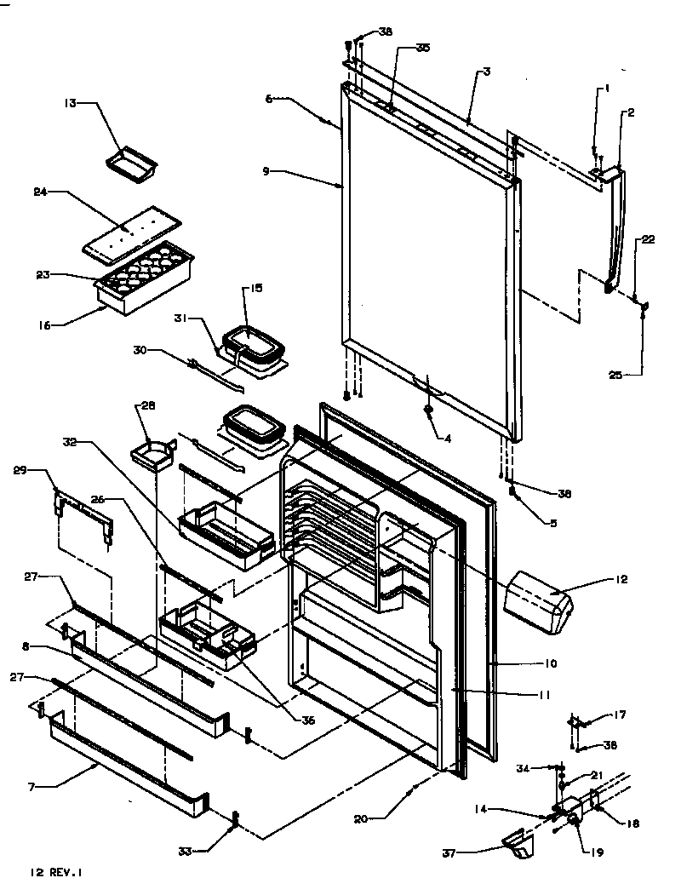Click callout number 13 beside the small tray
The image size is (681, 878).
pyautogui.click(x=70, y=103)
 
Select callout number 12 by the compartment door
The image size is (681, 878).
pyautogui.click(x=620, y=579)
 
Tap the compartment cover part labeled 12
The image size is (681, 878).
pyautogui.click(x=539, y=603)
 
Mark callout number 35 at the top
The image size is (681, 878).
pyautogui.click(x=423, y=49)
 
